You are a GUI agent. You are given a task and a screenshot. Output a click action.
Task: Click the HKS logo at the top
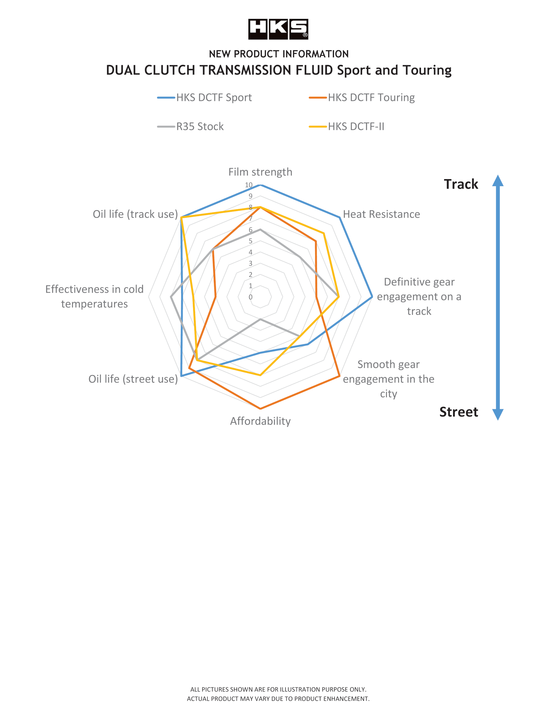coord(278,29)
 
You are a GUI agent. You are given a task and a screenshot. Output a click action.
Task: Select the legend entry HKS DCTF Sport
coord(204,98)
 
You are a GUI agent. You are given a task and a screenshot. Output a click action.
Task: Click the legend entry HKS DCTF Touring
coord(362,98)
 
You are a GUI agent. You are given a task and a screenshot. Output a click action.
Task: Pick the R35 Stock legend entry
coord(191,126)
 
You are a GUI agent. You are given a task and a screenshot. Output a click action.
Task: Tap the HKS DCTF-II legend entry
coord(347,126)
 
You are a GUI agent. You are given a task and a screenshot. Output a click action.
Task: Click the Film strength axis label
coord(260,172)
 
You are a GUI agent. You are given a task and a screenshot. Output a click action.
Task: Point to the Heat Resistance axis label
coord(381,214)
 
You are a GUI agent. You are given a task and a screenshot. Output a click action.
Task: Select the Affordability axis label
coord(260,421)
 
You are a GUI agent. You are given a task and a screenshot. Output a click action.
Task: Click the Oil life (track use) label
coord(135,214)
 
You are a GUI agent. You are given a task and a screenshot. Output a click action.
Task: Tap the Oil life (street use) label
coord(133,379)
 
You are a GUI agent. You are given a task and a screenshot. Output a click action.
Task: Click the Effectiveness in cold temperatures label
coord(94,296)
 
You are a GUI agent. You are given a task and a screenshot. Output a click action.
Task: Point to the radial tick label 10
coord(249,185)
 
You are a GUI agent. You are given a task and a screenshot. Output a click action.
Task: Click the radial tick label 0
coord(251,297)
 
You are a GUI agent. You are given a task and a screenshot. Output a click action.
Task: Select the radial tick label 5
coord(251,241)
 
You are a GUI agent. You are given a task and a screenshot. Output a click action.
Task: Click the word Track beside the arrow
coord(461,184)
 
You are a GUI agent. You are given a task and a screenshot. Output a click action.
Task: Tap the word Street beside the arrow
coord(459,412)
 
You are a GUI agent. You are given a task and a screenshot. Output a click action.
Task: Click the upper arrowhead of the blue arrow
coord(498,180)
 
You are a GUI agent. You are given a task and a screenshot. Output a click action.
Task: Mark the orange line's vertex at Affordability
coord(260,409)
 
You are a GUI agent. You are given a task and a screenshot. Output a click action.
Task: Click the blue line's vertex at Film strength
coord(260,186)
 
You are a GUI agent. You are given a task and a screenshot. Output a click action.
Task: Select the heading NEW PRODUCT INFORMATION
coord(279,54)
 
